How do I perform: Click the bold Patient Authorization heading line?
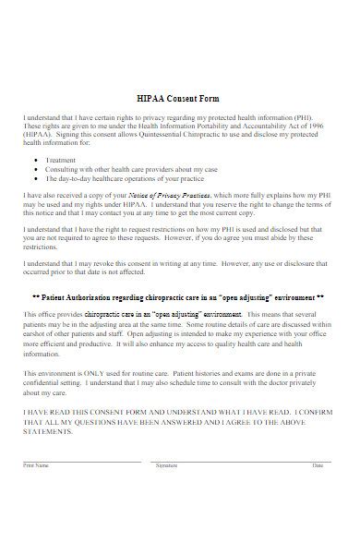(x=178, y=299)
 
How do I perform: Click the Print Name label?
(x=34, y=465)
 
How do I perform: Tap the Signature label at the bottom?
(x=166, y=465)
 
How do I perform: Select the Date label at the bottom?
(x=318, y=465)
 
